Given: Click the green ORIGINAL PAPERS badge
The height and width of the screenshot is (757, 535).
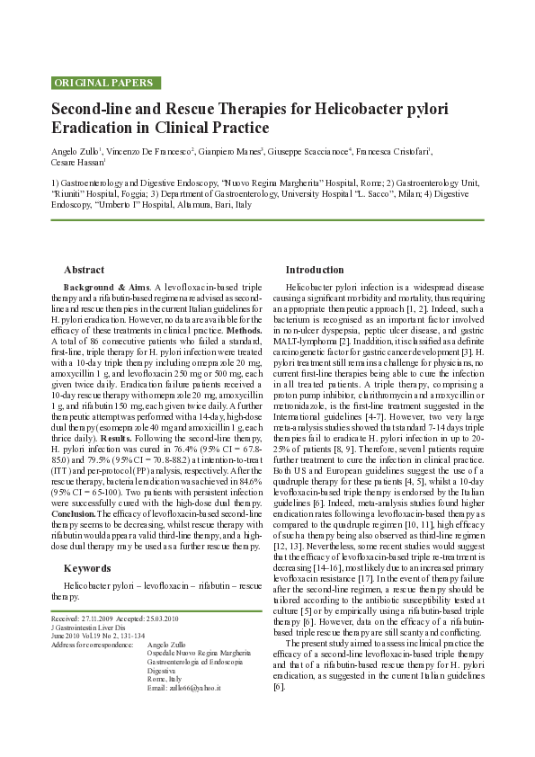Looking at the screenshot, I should pos(104,83).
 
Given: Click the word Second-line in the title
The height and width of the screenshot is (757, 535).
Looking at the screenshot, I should pos(93,110).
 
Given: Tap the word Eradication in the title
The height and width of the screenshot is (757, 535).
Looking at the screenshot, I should pos(94,129).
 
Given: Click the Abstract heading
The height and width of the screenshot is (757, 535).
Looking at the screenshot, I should pos(85,270).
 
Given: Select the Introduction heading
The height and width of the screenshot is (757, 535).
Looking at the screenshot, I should pos(315,270).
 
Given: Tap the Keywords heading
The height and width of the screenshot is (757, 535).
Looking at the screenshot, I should pos(87,568).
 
